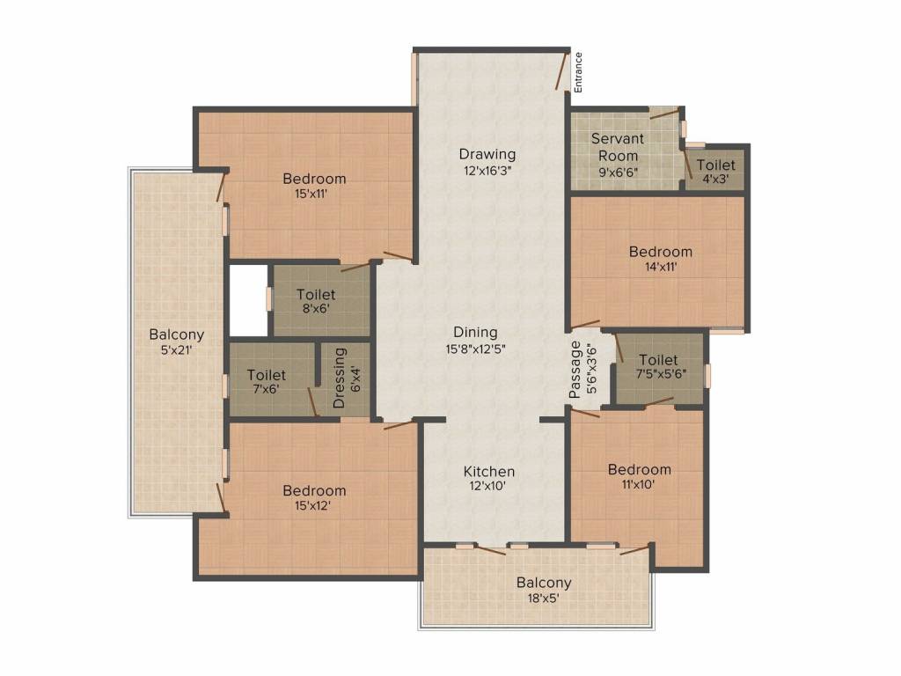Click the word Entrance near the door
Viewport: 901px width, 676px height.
pyautogui.click(x=578, y=72)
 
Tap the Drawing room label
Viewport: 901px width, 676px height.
pyautogui.click(x=487, y=155)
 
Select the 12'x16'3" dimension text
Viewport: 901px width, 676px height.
pyautogui.click(x=487, y=171)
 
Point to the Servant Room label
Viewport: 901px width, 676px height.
pyautogui.click(x=617, y=146)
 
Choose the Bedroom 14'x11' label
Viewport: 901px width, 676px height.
pyautogui.click(x=660, y=252)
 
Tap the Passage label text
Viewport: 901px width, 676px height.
pyautogui.click(x=575, y=370)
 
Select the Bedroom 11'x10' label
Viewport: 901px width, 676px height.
pyautogui.click(x=640, y=469)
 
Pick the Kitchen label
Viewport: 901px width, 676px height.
pyautogui.click(x=489, y=472)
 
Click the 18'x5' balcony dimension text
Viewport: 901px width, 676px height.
pyautogui.click(x=543, y=599)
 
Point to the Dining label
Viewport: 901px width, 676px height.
pyautogui.click(x=475, y=332)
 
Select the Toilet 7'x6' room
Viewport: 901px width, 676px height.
pyautogui.click(x=267, y=380)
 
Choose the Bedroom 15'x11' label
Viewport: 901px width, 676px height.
pyautogui.click(x=314, y=179)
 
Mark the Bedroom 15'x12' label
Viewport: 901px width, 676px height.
pyautogui.click(x=314, y=490)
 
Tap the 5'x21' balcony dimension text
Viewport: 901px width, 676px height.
pyautogui.click(x=176, y=349)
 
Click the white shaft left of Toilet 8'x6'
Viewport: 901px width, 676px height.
pyautogui.click(x=247, y=299)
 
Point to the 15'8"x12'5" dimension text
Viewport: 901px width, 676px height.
pyautogui.click(x=475, y=348)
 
